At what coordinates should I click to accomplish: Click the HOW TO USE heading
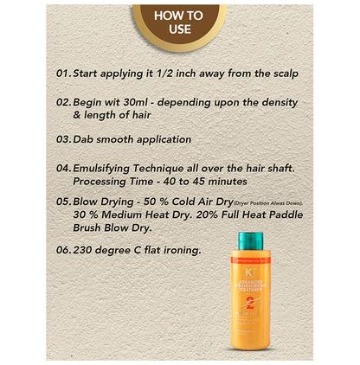pos(178,22)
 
